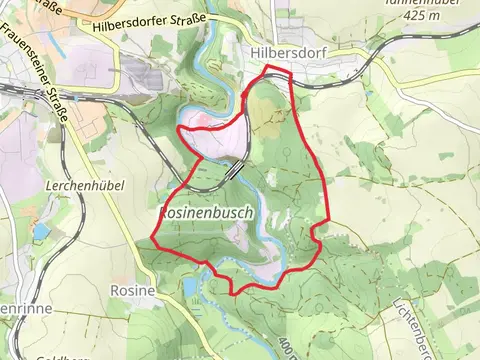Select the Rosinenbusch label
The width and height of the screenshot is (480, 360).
point(204,214)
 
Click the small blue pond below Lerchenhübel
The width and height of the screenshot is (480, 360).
point(40,232)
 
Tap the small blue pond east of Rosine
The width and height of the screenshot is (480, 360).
point(191,289)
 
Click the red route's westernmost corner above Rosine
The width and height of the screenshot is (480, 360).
point(152,239)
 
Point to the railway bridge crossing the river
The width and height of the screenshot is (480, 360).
point(233,172)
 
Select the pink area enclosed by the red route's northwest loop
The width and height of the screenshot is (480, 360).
point(215,140)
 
